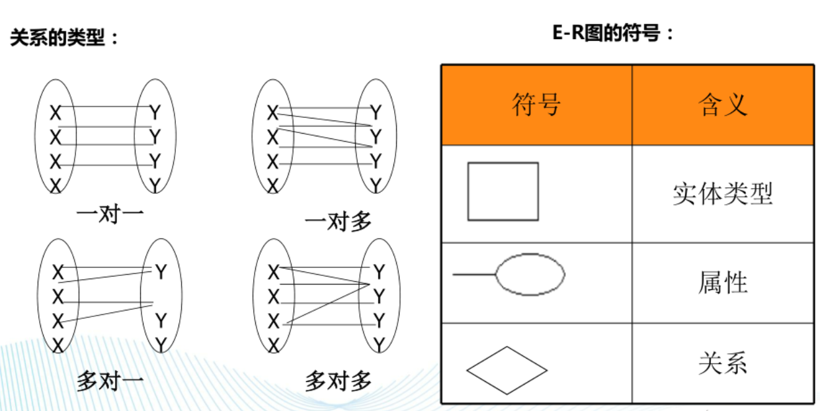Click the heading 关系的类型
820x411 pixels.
click(58, 37)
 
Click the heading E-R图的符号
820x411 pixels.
click(606, 33)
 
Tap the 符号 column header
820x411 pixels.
click(536, 105)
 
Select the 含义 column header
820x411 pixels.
click(722, 105)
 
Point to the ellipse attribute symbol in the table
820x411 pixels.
click(530, 253)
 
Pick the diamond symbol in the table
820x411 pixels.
click(507, 347)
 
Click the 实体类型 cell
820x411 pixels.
click(723, 194)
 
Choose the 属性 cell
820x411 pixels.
click(723, 283)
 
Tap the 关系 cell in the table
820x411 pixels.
click(723, 363)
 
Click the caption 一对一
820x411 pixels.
click(110, 214)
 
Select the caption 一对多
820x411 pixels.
click(339, 222)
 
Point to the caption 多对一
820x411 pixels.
click(110, 381)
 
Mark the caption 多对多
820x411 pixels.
click(339, 381)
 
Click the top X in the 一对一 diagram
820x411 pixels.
click(56, 113)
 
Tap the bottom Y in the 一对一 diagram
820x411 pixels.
click(155, 185)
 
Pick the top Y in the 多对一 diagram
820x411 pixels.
click(161, 272)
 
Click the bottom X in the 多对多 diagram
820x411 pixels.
click(273, 345)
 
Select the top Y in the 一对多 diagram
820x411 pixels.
click(376, 113)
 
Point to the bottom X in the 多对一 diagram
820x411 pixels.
click(58, 345)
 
